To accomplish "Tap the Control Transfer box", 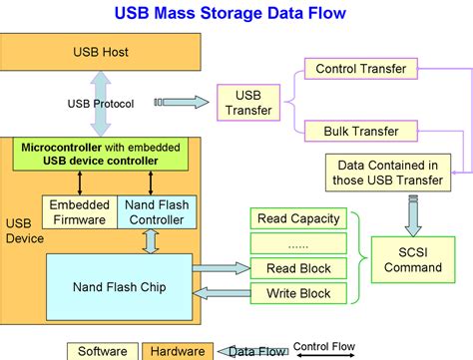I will pyautogui.click(x=359, y=69).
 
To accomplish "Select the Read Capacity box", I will pyautogui.click(x=298, y=219).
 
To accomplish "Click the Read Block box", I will pyautogui.click(x=298, y=268).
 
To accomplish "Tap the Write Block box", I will pyautogui.click(x=298, y=293).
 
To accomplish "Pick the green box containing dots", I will pyautogui.click(x=298, y=244).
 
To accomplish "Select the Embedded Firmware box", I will pyautogui.click(x=79, y=212).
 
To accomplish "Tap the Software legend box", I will pyautogui.click(x=104, y=351).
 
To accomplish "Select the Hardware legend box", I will pyautogui.click(x=178, y=351).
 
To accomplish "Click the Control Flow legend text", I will pyautogui.click(x=325, y=345).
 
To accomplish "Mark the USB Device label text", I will pyautogui.click(x=19, y=230).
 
